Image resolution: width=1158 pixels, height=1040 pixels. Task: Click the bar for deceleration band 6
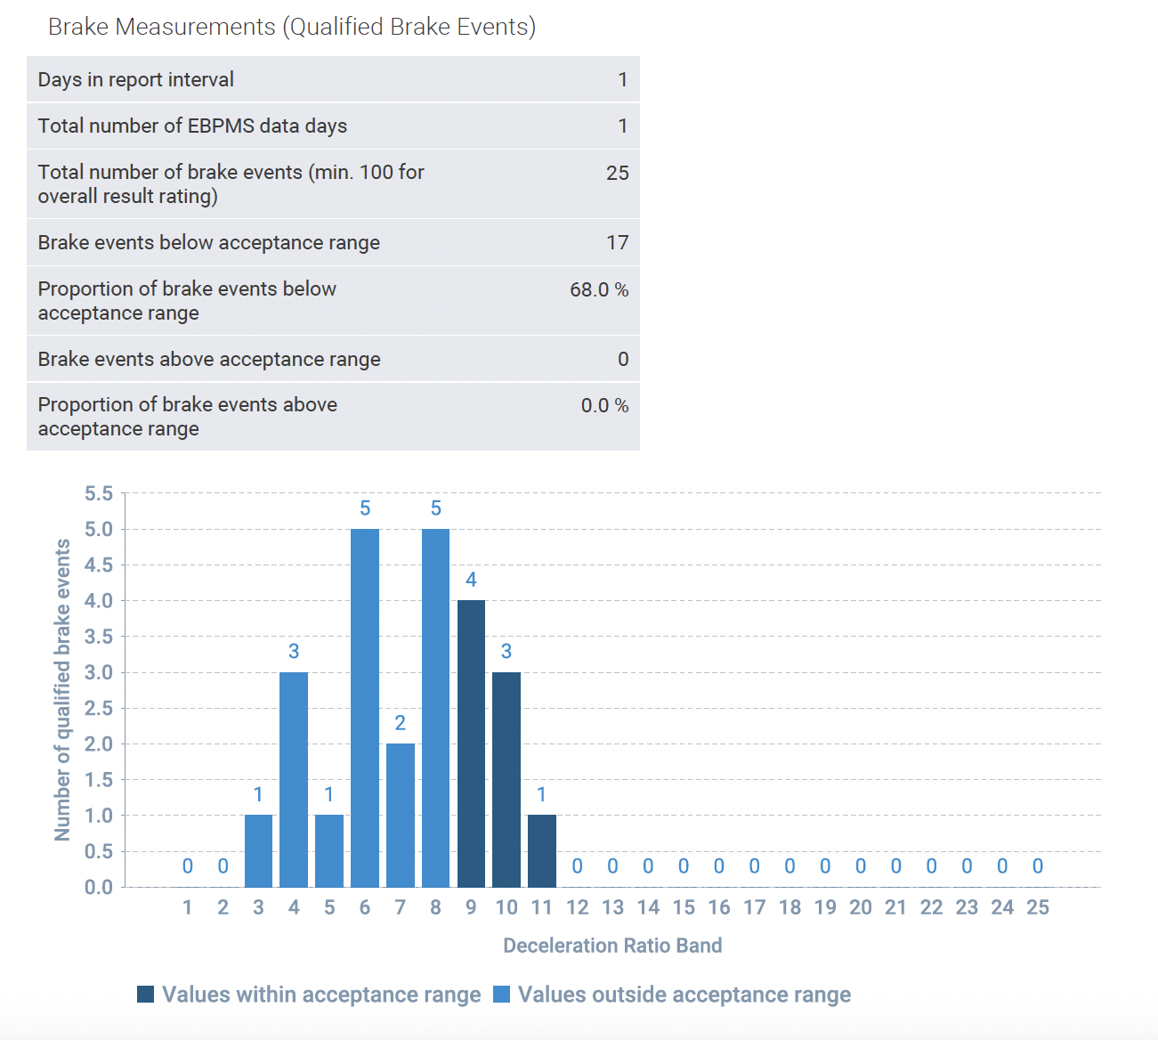pos(365,708)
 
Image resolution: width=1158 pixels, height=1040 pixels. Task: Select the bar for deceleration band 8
pos(435,708)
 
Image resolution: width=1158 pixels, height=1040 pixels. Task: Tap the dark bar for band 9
pos(471,743)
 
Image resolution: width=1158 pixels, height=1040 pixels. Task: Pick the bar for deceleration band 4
pos(294,779)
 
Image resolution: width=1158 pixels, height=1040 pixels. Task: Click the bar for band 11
pos(541,850)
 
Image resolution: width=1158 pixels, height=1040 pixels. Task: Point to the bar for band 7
pos(401,815)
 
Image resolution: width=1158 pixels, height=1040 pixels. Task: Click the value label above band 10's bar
pos(506,651)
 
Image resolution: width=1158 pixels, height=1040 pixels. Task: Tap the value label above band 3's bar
pos(258,794)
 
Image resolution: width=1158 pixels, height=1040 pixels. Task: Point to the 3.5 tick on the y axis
pos(99,637)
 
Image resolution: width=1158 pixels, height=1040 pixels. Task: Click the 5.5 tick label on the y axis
pos(99,493)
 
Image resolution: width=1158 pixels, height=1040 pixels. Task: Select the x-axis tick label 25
pos(1038,907)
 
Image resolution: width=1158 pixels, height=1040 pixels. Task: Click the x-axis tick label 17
pos(754,907)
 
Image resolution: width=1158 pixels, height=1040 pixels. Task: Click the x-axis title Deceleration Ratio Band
pos(612,946)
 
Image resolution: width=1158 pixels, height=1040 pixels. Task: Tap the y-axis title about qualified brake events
pos(62,689)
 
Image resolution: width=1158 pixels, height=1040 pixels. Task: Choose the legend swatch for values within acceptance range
pos(146,995)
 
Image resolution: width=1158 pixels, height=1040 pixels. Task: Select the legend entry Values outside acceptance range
pos(684,995)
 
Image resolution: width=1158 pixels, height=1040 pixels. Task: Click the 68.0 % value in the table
pos(598,290)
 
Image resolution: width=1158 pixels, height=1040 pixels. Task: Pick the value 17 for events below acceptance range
pos(617,243)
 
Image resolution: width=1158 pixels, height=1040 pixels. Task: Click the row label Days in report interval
pos(136,79)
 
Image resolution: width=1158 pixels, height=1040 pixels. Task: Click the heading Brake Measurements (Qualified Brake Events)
pos(292,27)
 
